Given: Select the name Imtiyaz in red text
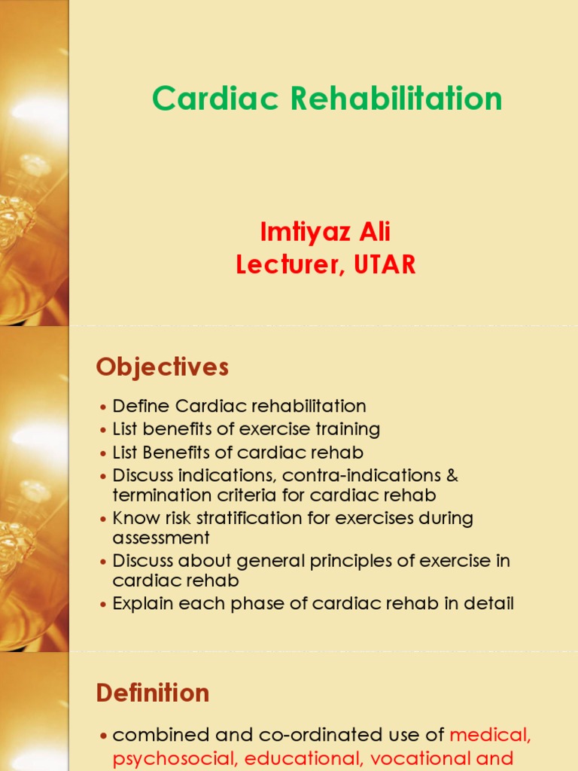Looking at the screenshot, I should (x=298, y=233).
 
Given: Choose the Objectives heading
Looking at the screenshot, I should (x=162, y=367).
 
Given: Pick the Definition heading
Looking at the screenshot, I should (x=153, y=693).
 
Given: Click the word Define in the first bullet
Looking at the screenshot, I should (x=141, y=407).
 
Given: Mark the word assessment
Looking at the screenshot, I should (x=161, y=538).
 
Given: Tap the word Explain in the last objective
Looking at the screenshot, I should (x=143, y=604).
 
